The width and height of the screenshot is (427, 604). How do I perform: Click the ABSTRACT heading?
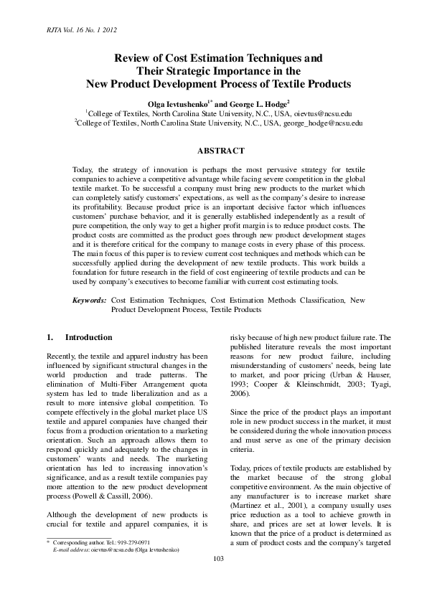(220, 151)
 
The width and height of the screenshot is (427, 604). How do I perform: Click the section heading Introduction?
(88, 337)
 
